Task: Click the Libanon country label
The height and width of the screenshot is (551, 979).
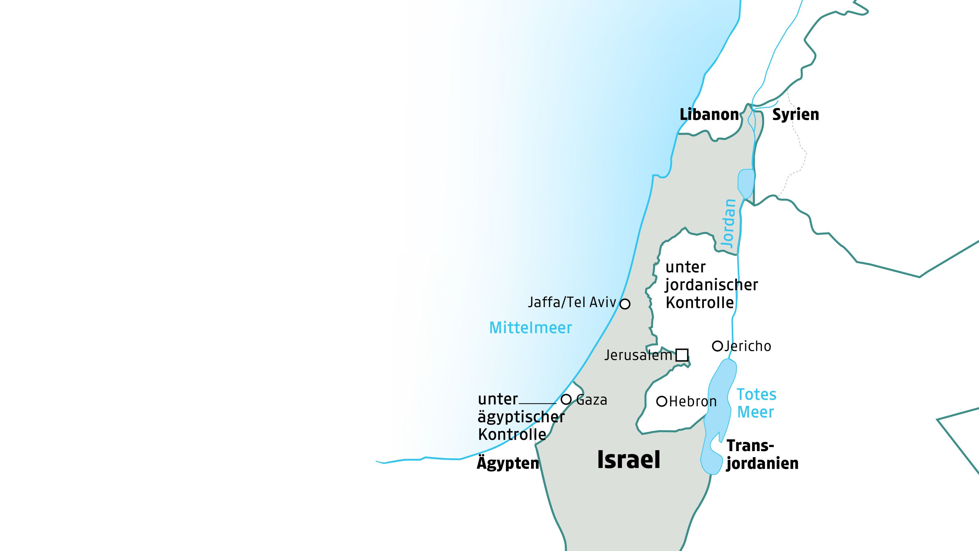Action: point(709,114)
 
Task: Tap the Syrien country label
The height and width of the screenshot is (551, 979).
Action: point(795,114)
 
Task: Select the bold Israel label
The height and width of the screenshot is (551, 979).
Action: point(629,460)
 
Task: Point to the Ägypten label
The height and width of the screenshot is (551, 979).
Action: point(508,463)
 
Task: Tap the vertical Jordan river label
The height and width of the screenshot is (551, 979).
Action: point(728,224)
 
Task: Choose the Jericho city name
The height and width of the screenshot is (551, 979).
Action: point(747,346)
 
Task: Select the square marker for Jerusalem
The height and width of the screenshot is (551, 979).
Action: point(682,355)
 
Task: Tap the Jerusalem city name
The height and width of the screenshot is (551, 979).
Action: point(639,355)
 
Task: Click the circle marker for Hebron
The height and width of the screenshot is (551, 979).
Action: point(662,401)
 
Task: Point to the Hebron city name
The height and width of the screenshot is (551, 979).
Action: point(692,401)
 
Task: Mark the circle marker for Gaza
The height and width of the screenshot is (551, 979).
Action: point(566,399)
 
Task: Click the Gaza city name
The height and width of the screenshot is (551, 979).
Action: point(592,400)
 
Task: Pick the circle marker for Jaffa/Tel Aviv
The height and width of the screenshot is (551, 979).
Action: point(625,304)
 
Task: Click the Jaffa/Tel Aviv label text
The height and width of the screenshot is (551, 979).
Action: point(572,302)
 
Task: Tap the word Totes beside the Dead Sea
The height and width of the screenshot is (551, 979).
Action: point(756,395)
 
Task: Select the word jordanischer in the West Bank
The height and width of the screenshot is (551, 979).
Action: point(711,285)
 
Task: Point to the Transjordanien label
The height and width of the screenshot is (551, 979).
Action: point(762,454)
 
